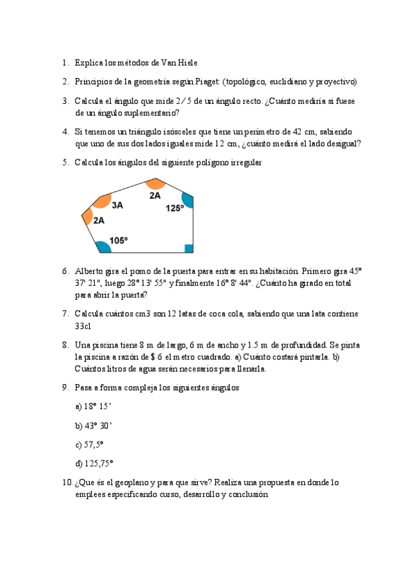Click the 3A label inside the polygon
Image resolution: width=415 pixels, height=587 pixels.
tap(117, 205)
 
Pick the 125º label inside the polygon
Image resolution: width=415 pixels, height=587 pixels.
tap(174, 207)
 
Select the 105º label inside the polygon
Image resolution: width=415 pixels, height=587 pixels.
tap(118, 240)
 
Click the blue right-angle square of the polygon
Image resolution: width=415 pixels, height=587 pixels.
tap(189, 249)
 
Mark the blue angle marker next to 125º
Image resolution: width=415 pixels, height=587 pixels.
tap(187, 199)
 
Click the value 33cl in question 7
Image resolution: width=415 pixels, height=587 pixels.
tap(84, 326)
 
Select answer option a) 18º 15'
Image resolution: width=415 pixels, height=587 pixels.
tap(93, 406)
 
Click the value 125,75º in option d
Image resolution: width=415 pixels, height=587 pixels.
tap(101, 462)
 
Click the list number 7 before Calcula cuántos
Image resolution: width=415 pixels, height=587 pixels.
tap(64, 314)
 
